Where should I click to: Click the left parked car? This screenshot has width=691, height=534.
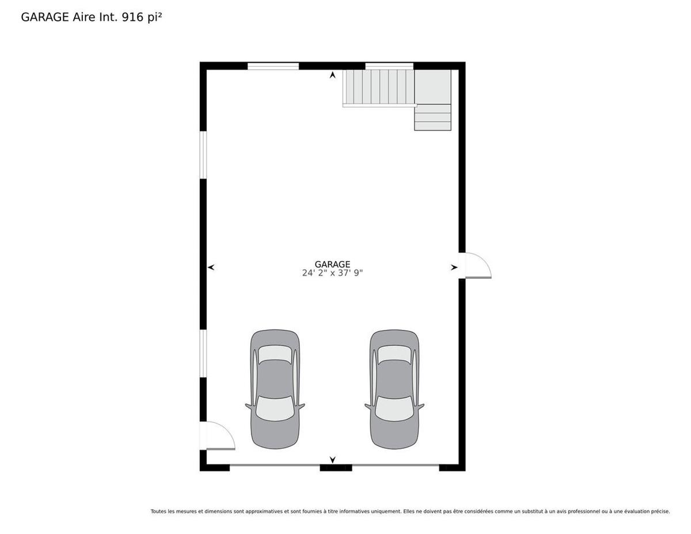(x=275, y=389)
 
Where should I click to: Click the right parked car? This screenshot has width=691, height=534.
(x=394, y=389)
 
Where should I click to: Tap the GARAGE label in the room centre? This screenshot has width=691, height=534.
(x=332, y=264)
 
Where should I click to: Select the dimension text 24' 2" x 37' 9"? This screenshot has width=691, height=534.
(x=332, y=273)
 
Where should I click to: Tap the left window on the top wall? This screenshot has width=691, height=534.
(x=273, y=66)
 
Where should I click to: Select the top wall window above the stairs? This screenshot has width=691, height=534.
(x=389, y=66)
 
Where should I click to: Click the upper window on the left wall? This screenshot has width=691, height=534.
(x=203, y=155)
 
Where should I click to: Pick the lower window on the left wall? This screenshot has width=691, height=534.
(x=203, y=353)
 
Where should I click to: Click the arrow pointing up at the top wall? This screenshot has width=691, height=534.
(x=333, y=75)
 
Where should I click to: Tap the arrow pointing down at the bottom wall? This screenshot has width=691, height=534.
(x=333, y=460)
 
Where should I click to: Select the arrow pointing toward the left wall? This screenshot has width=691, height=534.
(x=211, y=267)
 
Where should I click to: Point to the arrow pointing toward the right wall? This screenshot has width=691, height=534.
(x=454, y=267)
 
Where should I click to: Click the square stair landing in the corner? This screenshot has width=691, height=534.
(x=433, y=87)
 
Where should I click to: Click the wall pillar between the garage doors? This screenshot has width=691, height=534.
(x=336, y=468)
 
